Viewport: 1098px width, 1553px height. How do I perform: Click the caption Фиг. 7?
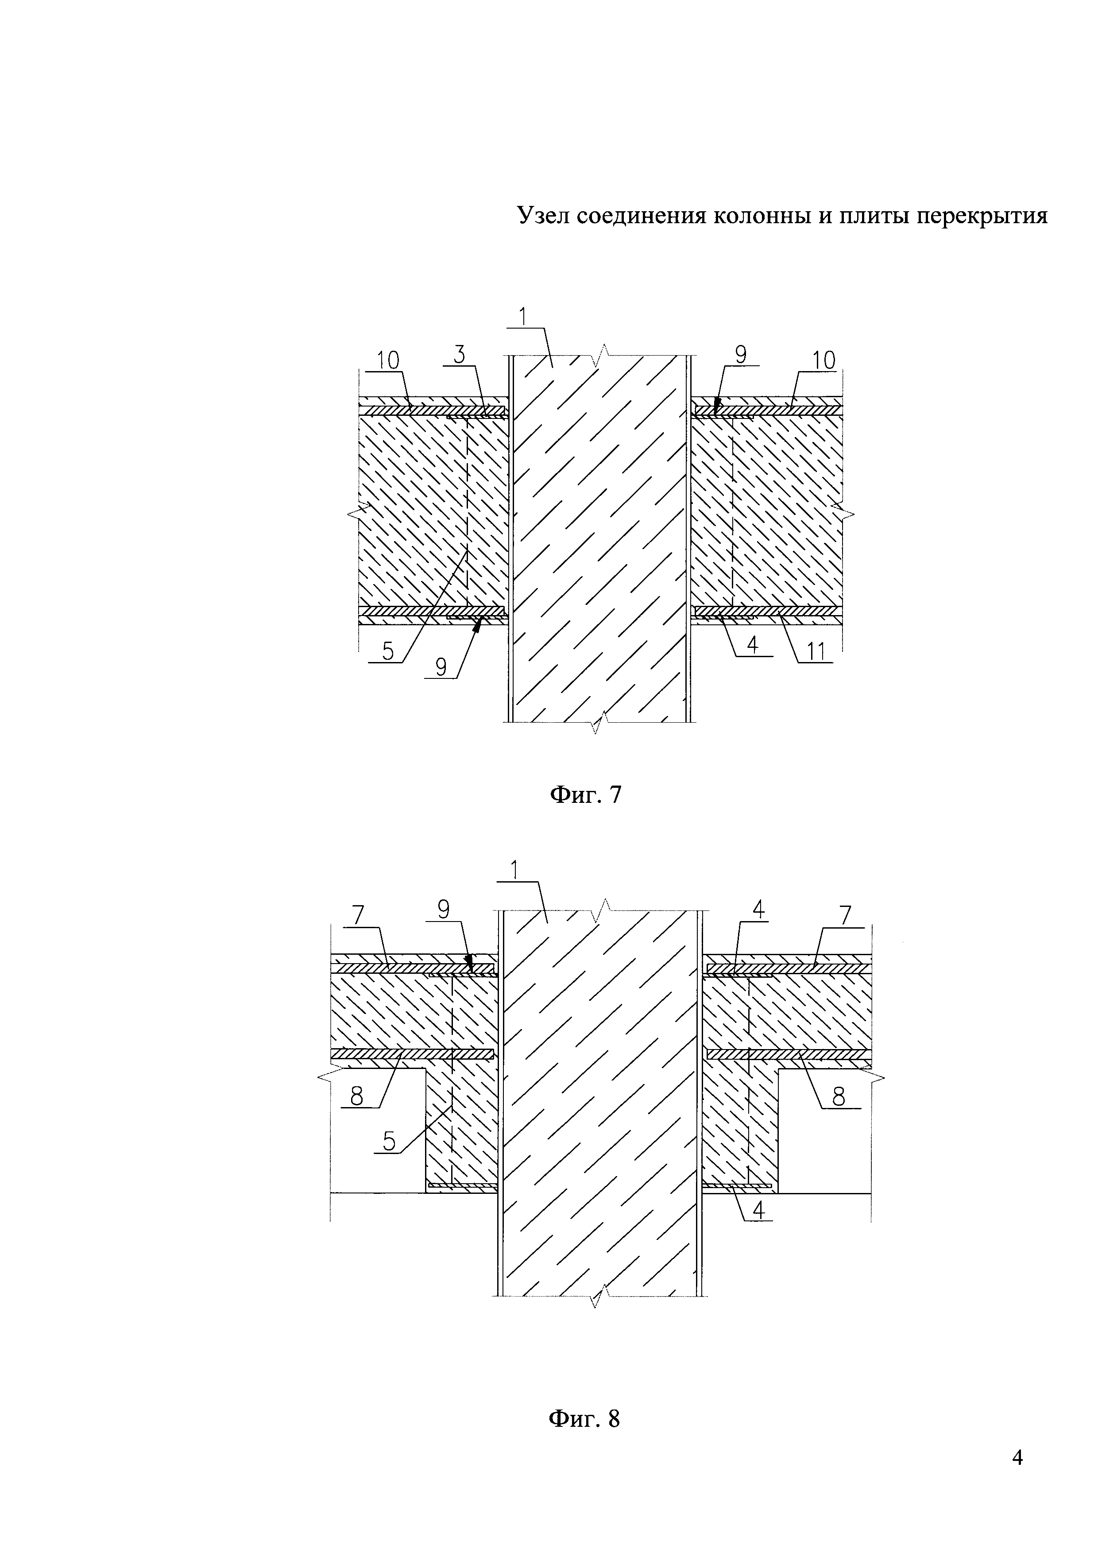point(585,795)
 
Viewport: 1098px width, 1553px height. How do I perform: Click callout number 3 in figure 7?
point(459,355)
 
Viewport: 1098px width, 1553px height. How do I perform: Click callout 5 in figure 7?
point(388,651)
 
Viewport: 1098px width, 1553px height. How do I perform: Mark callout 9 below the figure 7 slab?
point(441,668)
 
